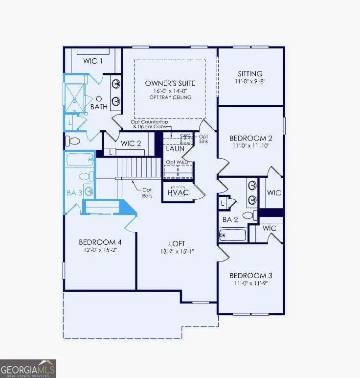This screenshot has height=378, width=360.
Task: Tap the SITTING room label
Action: point(250,73)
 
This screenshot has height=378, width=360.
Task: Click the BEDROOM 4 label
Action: point(100,242)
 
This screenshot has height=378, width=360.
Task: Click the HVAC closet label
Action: point(178,192)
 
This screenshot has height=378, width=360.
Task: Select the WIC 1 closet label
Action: point(93,61)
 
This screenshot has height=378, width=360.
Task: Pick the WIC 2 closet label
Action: point(131,143)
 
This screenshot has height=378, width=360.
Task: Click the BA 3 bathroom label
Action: point(74,192)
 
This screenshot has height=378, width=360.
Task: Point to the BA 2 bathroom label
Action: point(230,220)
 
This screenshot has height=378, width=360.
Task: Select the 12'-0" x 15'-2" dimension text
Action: point(100,250)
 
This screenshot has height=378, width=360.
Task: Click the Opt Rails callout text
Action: point(147,192)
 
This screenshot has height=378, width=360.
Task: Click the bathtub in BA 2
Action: point(233,236)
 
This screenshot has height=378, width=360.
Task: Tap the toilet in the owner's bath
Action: point(73,142)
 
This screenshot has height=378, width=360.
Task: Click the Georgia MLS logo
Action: point(28,368)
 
